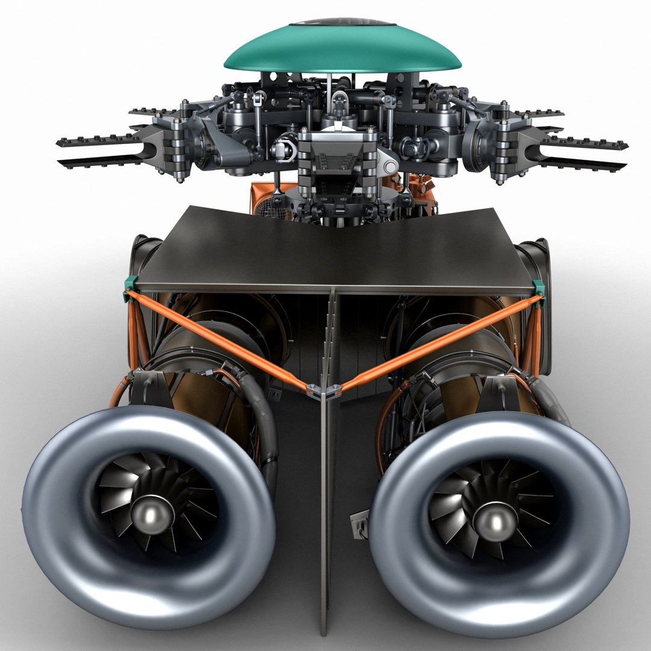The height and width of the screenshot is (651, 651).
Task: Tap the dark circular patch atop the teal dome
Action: (343, 25)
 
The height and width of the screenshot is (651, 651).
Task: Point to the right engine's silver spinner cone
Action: (495, 519)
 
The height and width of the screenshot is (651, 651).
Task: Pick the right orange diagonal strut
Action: (434, 344)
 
